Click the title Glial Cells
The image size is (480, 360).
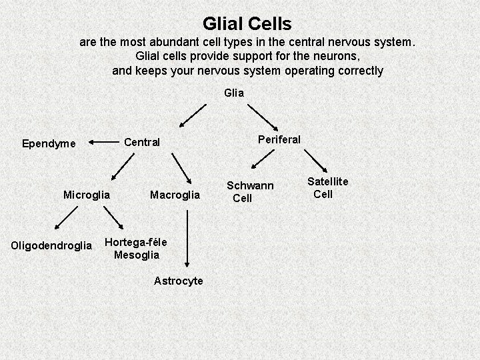247,25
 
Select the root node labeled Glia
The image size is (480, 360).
234,93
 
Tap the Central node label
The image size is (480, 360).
142,142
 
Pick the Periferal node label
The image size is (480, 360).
279,139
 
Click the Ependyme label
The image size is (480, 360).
49,143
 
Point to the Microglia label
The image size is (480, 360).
86,195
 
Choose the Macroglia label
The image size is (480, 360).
175,195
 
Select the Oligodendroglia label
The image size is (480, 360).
51,246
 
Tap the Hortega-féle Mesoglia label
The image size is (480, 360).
136,248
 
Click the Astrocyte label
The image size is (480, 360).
178,281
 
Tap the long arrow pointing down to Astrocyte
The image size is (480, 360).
189,237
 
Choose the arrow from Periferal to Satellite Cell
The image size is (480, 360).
313,161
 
